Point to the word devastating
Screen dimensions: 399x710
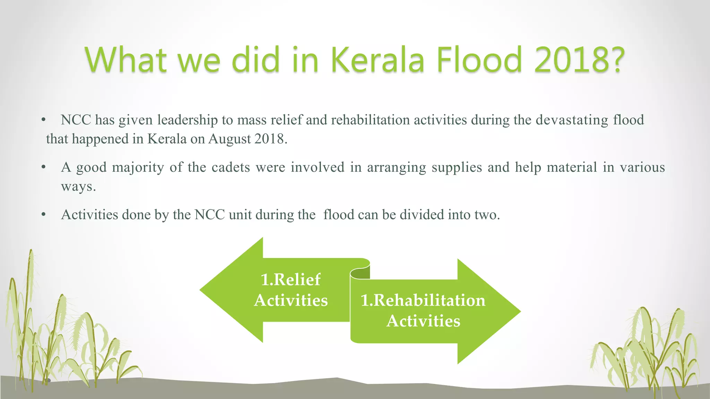(572, 120)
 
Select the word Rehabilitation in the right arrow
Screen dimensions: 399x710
(429, 300)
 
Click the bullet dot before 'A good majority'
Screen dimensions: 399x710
(43, 168)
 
